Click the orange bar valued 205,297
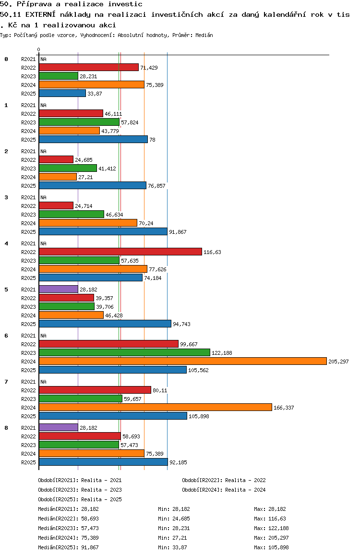(x=183, y=362)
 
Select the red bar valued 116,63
(x=120, y=252)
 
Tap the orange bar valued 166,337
(x=156, y=408)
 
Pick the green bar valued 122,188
(x=124, y=352)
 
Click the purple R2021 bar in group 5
(x=59, y=289)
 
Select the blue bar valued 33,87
(x=62, y=93)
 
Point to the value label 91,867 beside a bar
(x=178, y=232)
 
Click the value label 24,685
(x=84, y=160)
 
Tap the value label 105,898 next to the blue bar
(x=199, y=416)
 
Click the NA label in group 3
(x=43, y=197)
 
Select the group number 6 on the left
(x=6, y=336)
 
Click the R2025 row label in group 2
(x=28, y=186)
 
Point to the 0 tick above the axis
(x=38, y=49)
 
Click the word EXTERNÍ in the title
(x=40, y=14)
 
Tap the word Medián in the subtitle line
(x=204, y=35)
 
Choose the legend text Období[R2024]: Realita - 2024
(x=224, y=490)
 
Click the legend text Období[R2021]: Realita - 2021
(x=80, y=480)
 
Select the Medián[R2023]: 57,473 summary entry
(x=68, y=528)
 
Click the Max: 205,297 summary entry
(x=271, y=538)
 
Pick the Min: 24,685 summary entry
(x=174, y=519)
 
